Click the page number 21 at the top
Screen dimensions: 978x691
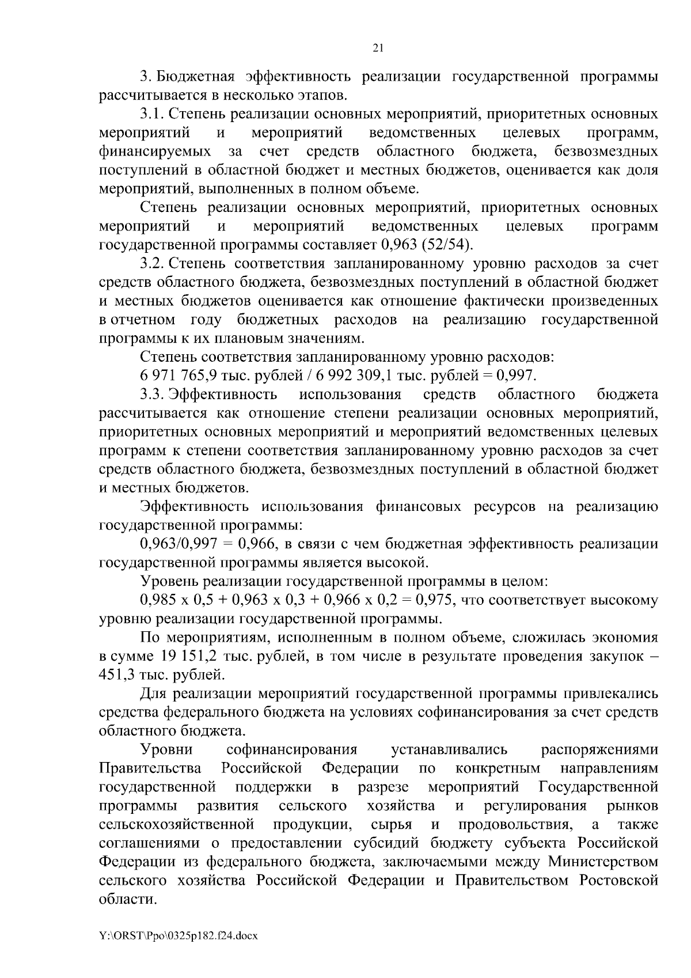click(378, 48)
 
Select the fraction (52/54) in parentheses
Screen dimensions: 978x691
click(447, 244)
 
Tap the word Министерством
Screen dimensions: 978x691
click(602, 862)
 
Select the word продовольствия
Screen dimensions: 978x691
click(515, 825)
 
